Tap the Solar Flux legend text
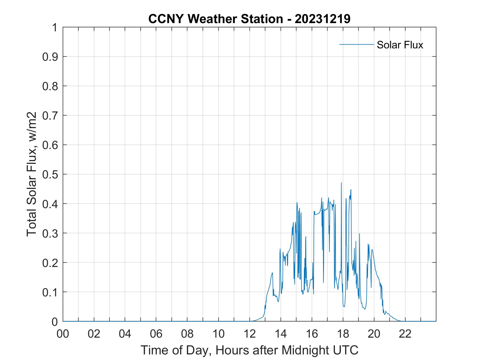point(400,45)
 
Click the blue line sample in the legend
point(356,45)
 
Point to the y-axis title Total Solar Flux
point(32,174)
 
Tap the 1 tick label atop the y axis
point(55,27)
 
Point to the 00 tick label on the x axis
point(63,334)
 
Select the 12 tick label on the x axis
point(250,334)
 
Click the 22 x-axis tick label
point(405,334)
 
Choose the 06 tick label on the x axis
point(156,334)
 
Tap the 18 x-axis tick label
point(343,334)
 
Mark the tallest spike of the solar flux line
point(341,183)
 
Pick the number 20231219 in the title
point(323,19)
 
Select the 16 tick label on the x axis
point(312,334)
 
